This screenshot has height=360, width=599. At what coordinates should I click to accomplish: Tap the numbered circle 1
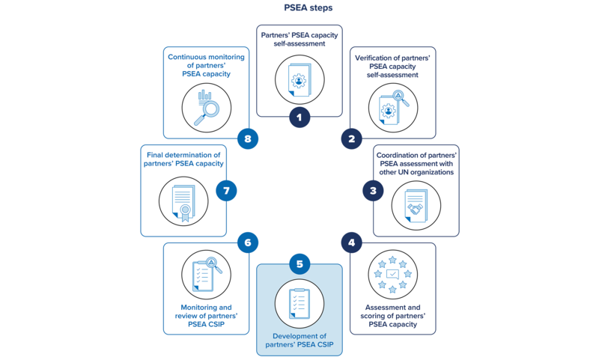coord(299,117)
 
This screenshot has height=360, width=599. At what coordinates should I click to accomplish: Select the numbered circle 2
coord(351,138)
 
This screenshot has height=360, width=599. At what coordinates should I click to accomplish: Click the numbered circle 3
coord(373,191)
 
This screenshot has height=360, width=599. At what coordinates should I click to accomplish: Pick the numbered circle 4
coord(351,242)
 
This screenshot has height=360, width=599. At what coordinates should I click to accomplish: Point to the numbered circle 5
coord(299,264)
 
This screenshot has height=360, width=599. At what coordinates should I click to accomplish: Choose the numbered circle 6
coord(248,242)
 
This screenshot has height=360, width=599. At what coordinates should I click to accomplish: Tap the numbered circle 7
coord(226,191)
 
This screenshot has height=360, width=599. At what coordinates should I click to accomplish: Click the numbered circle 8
coord(248,138)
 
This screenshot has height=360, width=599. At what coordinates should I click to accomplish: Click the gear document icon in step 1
coord(299,80)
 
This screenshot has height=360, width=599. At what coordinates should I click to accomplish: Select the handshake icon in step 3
coord(416,206)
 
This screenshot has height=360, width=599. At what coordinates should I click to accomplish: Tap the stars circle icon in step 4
coord(392,275)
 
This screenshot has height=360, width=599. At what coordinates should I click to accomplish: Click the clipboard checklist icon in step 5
coord(299,303)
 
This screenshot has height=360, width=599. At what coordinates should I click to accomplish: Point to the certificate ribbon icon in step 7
coord(183,202)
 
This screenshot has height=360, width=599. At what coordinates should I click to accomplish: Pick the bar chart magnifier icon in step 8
coord(206,107)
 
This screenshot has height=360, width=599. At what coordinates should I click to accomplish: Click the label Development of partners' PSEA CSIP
coord(299,341)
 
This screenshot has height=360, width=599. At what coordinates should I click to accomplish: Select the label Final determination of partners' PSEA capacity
coord(183,159)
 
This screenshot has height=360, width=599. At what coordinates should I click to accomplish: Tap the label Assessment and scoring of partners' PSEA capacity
coord(392,316)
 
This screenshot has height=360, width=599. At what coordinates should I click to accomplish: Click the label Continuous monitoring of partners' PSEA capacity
coord(206,65)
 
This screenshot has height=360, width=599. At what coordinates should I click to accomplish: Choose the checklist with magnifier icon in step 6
coord(206,275)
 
